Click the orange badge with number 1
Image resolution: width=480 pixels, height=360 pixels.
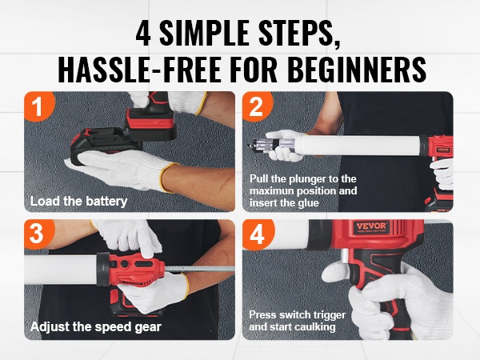[x=38, y=105]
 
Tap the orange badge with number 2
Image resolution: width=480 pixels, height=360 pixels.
[x=257, y=105]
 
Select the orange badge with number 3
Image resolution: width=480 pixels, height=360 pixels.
[x=38, y=234]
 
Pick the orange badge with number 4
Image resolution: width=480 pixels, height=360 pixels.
[x=257, y=234]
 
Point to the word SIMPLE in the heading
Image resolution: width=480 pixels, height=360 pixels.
[x=205, y=33]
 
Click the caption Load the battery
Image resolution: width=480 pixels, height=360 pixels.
[x=78, y=202]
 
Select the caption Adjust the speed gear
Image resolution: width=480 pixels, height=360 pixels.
[x=96, y=327]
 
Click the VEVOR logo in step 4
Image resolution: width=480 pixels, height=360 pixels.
[x=372, y=227]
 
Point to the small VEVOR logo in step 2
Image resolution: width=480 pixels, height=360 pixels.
[x=442, y=150]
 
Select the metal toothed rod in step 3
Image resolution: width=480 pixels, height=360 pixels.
[x=199, y=269]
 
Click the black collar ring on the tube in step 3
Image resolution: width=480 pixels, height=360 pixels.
[x=103, y=269]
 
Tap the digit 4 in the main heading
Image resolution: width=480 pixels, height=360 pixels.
[x=143, y=33]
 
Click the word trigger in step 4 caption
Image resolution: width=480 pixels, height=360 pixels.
[x=330, y=315]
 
